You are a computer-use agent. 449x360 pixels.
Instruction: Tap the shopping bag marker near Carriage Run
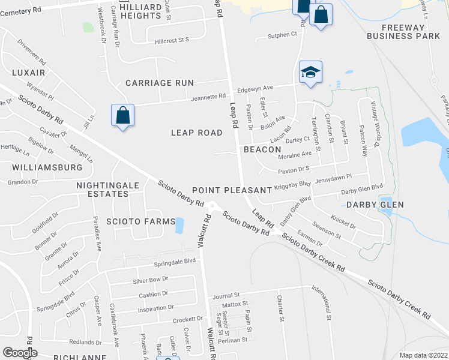[x=122, y=116]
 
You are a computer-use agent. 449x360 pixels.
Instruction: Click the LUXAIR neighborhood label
[x=28, y=72]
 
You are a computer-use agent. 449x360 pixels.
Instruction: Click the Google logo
[x=20, y=353]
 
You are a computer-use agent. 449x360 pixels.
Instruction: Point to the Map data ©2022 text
[x=424, y=355]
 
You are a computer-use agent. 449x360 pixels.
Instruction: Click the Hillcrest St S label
[x=172, y=40]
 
